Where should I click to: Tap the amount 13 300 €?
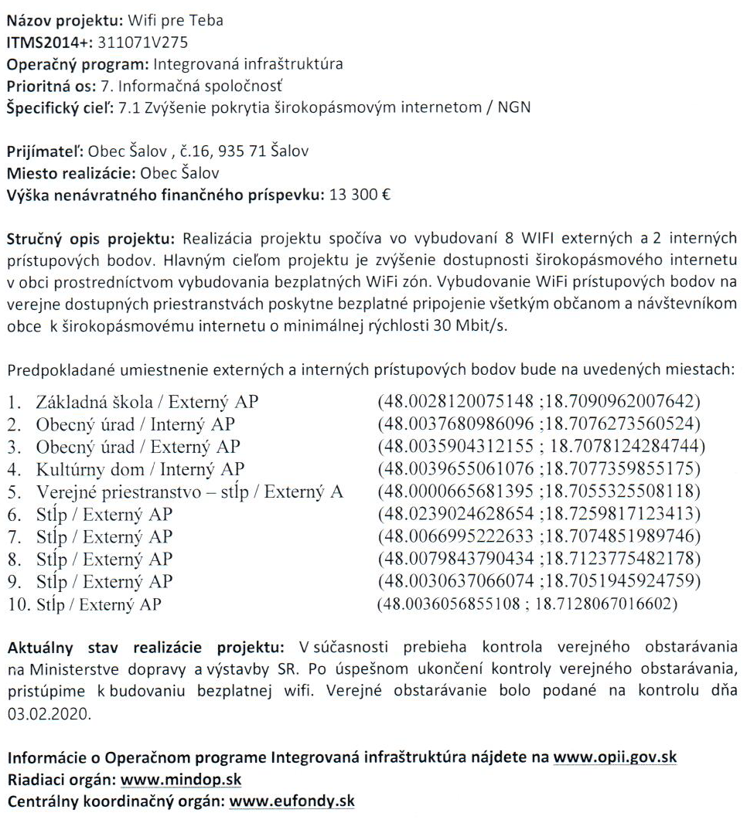pos(360,195)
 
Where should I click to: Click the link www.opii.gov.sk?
pos(616,757)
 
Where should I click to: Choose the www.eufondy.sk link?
pos(292,801)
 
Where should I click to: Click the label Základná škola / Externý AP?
pos(147,402)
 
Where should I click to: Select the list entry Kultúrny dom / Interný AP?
pos(140,469)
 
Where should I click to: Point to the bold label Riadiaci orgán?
pos(61,779)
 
